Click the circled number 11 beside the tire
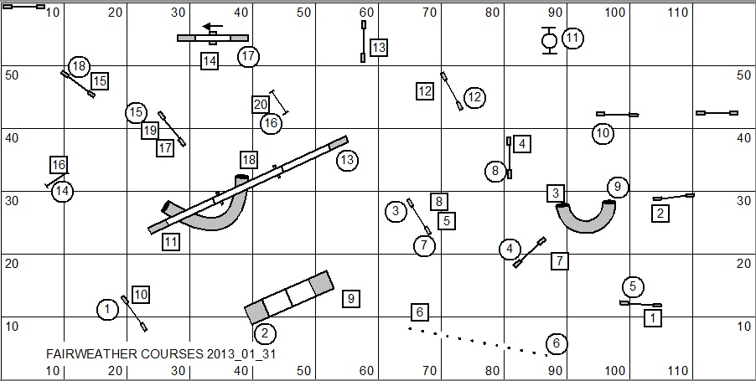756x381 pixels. click(x=572, y=38)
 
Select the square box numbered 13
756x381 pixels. click(x=379, y=47)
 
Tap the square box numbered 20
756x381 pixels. click(x=261, y=105)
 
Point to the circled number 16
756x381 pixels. click(x=271, y=124)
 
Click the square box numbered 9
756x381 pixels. click(x=350, y=299)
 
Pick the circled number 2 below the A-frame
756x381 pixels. click(x=264, y=333)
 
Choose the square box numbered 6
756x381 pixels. click(x=419, y=312)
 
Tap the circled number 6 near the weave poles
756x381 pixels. click(x=557, y=343)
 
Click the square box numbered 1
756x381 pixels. click(x=653, y=318)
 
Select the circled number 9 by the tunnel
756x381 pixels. click(x=618, y=187)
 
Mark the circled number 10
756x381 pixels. click(x=603, y=133)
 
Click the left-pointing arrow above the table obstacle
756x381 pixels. click(x=213, y=27)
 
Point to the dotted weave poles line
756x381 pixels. click(x=478, y=342)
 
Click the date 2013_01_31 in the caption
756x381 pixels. click(x=241, y=354)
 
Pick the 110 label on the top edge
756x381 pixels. click(x=678, y=13)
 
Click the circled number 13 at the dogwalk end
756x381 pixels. click(x=347, y=160)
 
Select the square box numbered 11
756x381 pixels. click(x=171, y=241)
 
